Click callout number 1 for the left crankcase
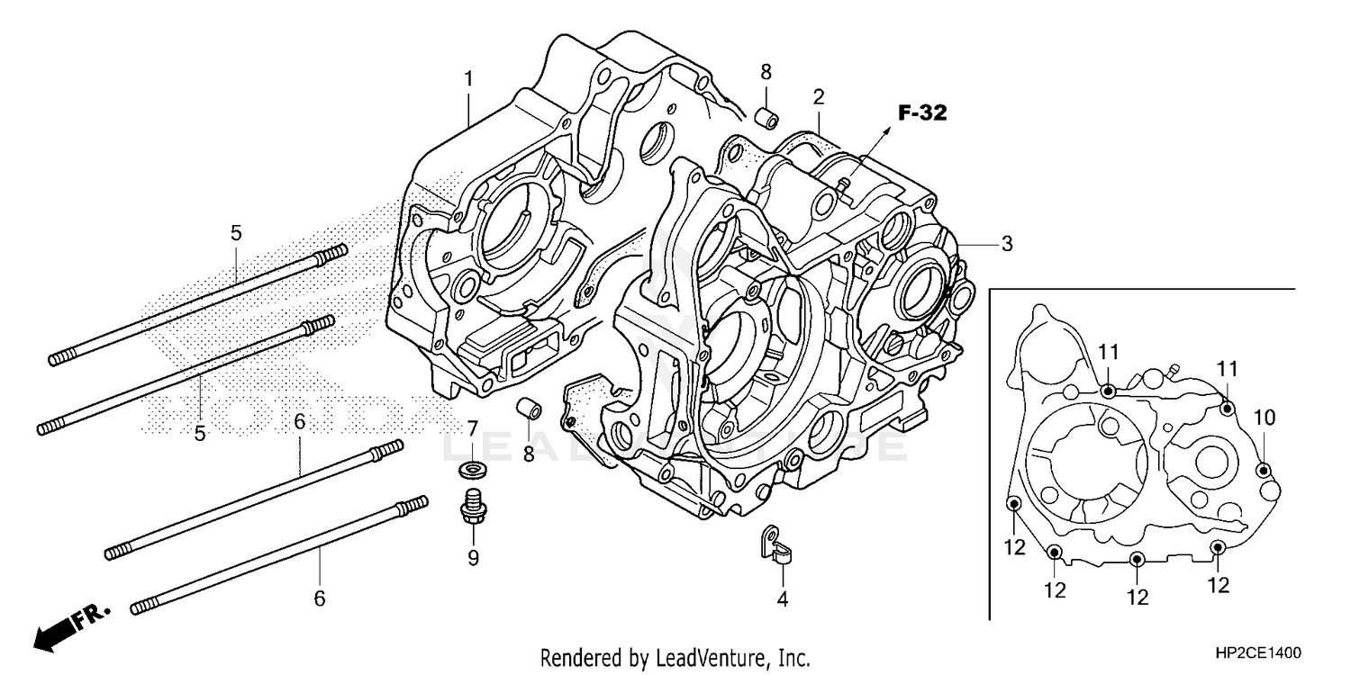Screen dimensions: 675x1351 coord(468,79)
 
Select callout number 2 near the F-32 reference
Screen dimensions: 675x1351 coord(819,96)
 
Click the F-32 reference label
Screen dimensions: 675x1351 coord(922,112)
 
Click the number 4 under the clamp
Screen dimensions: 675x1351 coord(782,598)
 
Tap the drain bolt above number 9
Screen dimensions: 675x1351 coord(471,507)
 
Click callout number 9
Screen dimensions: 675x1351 coord(473,558)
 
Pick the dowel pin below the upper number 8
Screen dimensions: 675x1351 coord(766,118)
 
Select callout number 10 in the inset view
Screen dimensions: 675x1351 coord(1264,418)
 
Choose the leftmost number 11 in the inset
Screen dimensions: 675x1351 coord(1107,351)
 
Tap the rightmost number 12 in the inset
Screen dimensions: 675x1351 coord(1218,585)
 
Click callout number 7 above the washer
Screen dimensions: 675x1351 coord(472,428)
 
